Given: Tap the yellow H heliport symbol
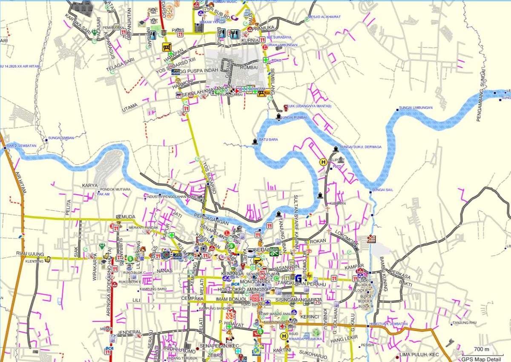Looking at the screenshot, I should click(324, 162).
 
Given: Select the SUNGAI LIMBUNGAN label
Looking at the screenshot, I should click(416, 108).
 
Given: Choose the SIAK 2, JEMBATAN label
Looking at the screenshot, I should click(21, 146).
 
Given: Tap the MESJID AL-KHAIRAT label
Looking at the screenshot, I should click(325, 17).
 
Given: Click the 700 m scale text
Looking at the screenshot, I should click(481, 349).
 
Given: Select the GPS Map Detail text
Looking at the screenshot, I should click(486, 358).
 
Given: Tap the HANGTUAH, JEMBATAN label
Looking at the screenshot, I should click(389, 324).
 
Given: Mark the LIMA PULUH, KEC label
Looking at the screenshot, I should click(419, 354).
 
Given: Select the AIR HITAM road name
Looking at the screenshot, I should click(20, 183).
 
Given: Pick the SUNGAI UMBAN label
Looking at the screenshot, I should click(61, 138).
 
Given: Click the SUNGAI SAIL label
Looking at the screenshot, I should click(382, 190).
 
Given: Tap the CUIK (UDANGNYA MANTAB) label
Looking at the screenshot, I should click(309, 106).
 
